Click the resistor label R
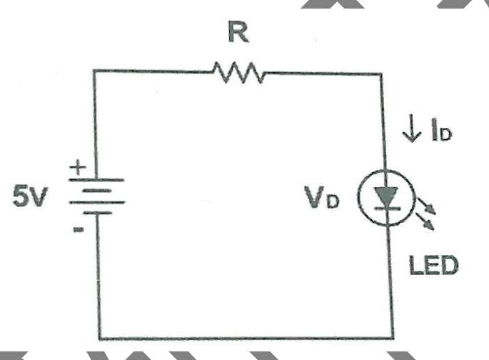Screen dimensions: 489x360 238,31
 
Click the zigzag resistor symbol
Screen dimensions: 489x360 238,73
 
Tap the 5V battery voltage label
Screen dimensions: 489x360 30,196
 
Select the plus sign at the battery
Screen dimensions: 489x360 77,168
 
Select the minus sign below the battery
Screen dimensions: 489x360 79,229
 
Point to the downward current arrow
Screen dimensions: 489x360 412,129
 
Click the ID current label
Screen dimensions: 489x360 442,131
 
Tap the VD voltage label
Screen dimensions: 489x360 321,197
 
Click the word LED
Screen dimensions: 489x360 434,265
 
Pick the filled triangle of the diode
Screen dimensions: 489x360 387,195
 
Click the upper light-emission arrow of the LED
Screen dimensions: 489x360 427,206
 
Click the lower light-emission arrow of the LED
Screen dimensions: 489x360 425,221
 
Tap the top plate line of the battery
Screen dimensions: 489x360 96,180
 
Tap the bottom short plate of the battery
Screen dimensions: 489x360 97,213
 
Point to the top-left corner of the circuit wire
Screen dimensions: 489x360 94,71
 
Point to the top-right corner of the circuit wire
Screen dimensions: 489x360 380,74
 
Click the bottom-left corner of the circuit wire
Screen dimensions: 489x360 100,339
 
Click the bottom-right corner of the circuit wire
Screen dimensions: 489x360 393,338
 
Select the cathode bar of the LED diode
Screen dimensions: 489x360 388,208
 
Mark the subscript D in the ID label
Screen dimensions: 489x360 447,134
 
